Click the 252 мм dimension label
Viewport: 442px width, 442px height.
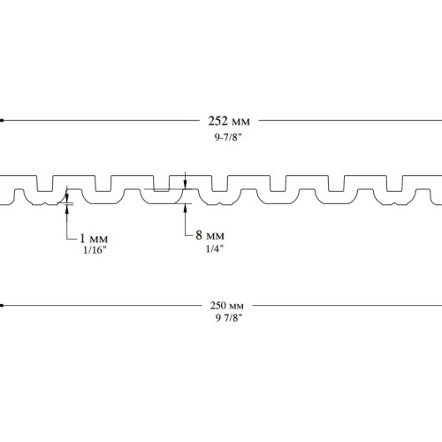(x=229, y=121)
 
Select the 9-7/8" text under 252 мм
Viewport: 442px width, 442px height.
(x=228, y=137)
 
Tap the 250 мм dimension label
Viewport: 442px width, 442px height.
(x=227, y=306)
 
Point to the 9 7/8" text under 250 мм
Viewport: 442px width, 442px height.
(x=228, y=317)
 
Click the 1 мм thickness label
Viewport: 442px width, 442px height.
(x=94, y=238)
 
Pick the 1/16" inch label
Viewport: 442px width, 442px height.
(x=95, y=250)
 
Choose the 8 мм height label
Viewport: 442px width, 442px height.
(x=210, y=235)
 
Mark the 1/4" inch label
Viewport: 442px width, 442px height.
(x=215, y=249)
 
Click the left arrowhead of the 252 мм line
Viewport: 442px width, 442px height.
(x=2, y=120)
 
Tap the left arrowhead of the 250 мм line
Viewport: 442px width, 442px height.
(x=2, y=306)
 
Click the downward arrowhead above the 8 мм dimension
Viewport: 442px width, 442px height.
(x=185, y=185)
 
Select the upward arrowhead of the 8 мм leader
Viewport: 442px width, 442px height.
(x=185, y=208)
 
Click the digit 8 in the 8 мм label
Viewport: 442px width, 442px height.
(x=199, y=235)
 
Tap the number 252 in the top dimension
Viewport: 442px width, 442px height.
(x=217, y=121)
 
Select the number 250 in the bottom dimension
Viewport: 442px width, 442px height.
(x=218, y=306)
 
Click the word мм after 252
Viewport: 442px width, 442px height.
(x=240, y=122)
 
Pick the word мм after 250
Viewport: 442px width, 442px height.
(x=236, y=307)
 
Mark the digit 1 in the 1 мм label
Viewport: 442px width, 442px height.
(x=82, y=238)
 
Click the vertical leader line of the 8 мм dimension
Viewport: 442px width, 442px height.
(x=185, y=220)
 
